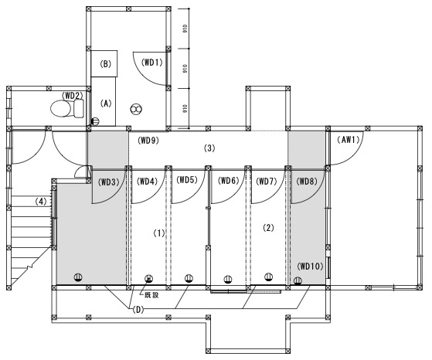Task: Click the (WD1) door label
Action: click(x=152, y=63)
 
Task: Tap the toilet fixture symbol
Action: click(x=67, y=108)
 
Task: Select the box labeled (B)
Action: click(x=104, y=63)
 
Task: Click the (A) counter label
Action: click(x=106, y=104)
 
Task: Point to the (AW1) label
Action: click(x=349, y=140)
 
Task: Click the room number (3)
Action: click(x=209, y=148)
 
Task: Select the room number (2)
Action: click(x=268, y=228)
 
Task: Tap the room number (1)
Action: click(x=159, y=233)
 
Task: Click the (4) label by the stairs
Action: click(x=41, y=202)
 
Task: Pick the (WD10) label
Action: click(x=310, y=267)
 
